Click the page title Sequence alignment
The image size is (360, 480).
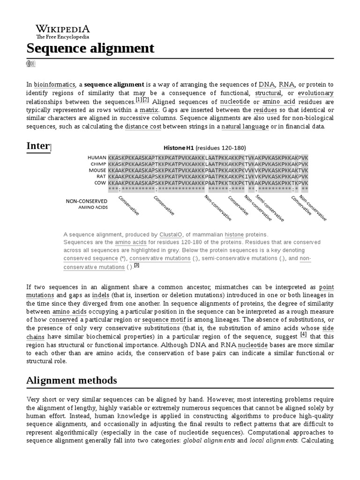pos(90,48)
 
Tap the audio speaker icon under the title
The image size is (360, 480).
pos(31,64)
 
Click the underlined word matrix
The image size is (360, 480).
pos(149,110)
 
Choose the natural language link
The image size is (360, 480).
pos(245,127)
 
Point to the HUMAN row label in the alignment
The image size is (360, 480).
pos(97,158)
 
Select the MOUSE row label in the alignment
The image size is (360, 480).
pos(97,170)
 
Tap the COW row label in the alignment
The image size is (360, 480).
pos(100,182)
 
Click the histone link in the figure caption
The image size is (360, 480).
pos(234,234)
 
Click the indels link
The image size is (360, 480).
pos(101,295)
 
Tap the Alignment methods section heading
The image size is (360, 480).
pos(72,380)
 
